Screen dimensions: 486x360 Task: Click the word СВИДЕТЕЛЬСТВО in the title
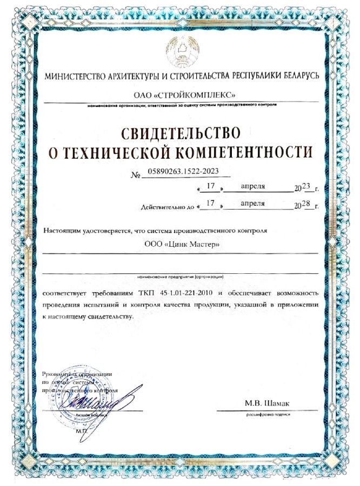tap(180, 131)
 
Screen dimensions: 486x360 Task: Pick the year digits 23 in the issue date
tap(306, 187)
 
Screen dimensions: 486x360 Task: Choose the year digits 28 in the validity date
tap(306, 204)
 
